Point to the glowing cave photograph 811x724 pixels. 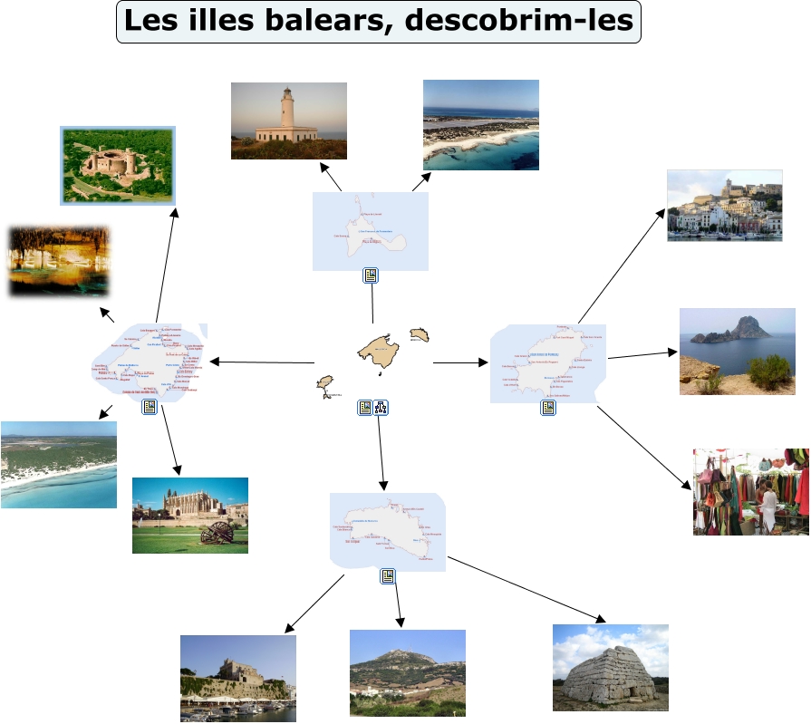pos(59,260)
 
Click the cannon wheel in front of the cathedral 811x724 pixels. pos(217,535)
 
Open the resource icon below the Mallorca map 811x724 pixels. pos(150,408)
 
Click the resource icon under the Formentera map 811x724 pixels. pos(371,275)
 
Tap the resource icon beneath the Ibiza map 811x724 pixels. pos(548,408)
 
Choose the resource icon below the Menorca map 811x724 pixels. pos(388,576)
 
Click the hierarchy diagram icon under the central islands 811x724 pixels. pos(381,408)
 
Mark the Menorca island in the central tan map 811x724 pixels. pos(419,335)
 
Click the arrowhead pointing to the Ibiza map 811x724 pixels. pos(482,362)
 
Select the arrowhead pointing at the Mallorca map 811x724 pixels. pos(215,362)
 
